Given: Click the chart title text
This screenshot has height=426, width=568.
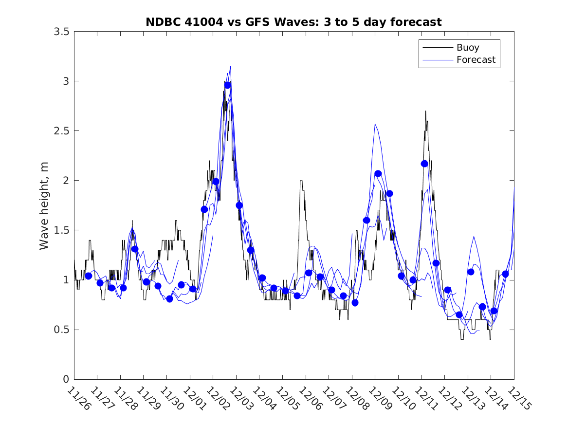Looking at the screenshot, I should pos(293,22).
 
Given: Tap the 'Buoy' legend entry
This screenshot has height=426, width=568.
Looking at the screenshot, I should pos(467,48).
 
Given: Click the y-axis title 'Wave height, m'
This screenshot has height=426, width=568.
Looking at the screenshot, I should pos(44,204).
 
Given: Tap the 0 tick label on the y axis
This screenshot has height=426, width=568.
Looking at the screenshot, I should pos(66,379).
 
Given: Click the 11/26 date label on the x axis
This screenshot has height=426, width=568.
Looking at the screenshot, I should pos(78,399).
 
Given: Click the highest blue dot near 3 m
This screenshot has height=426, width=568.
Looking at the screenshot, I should pos(227,85).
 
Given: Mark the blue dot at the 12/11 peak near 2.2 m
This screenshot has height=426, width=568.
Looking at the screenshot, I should pos(424,164).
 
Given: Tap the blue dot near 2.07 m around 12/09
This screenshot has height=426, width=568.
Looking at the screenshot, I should pos(378,174).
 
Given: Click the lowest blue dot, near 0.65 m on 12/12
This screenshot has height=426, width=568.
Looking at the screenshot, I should pos(459,315).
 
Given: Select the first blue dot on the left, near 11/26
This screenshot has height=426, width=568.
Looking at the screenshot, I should pos(89,276).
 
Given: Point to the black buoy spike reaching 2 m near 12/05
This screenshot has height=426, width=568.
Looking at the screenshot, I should pos(301,181).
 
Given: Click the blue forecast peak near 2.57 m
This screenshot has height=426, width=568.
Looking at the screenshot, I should pos(375,124).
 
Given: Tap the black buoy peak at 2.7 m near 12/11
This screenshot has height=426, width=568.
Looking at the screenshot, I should pos(425,111).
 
